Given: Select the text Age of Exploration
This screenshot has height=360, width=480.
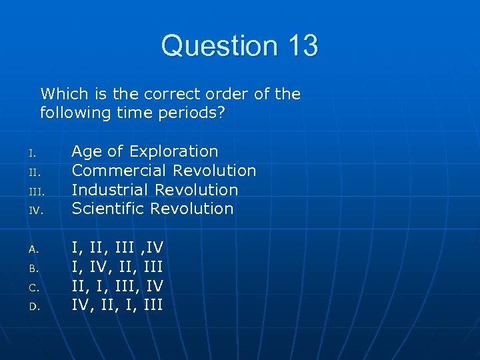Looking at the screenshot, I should pos(145,151).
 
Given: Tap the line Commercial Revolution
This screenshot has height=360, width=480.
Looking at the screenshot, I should pos(164,171).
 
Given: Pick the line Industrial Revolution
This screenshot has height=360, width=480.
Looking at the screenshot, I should pos(155,189).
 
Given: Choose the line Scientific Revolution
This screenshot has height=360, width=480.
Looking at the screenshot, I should pos(153,209).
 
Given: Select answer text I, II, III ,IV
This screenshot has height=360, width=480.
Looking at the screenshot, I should pos(117,248).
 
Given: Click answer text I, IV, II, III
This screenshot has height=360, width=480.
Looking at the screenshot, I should pos(117,267).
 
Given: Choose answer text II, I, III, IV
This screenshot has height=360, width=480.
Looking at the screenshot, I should pos(117,286).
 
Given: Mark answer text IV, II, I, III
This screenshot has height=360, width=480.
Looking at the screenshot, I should pos(117,305).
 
